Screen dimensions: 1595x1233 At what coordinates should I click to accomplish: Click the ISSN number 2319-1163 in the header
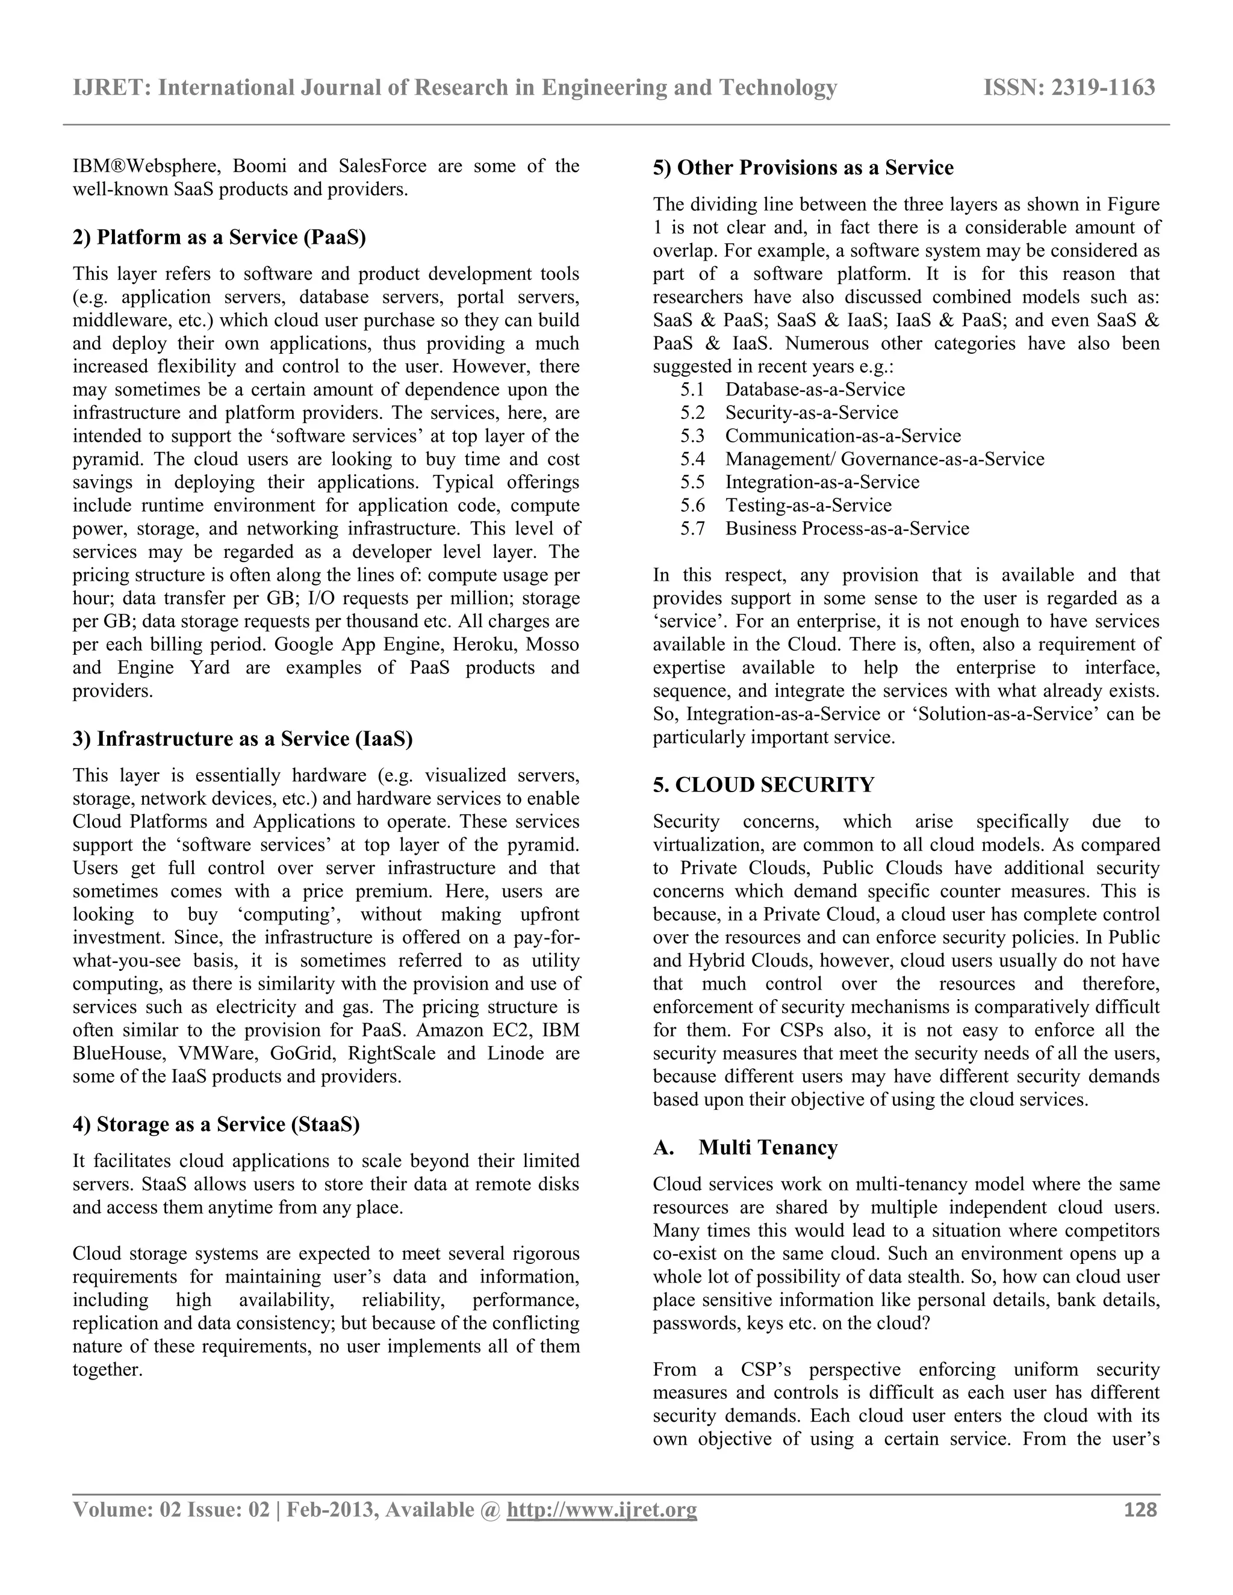click(x=1103, y=88)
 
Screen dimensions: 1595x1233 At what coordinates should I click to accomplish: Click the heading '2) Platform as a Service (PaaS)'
click(x=219, y=237)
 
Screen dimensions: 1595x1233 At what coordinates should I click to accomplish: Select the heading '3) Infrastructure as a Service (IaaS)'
click(x=243, y=739)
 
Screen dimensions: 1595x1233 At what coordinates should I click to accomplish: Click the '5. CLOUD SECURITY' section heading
click(x=763, y=785)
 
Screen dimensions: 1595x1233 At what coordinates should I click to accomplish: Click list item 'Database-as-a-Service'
click(x=815, y=390)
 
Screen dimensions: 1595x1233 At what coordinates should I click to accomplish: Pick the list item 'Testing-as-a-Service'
click(x=808, y=506)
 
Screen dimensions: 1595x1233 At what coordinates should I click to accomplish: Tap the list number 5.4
click(x=692, y=459)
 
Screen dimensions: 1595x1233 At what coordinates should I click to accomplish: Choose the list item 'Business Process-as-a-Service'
click(x=846, y=528)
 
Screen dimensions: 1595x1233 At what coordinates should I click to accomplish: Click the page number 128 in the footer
click(x=1140, y=1510)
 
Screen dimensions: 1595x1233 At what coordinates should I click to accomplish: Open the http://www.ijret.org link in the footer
click(x=601, y=1510)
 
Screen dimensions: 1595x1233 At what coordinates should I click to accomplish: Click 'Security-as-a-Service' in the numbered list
click(x=811, y=413)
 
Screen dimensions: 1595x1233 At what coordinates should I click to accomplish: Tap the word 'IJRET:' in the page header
click(x=112, y=88)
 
